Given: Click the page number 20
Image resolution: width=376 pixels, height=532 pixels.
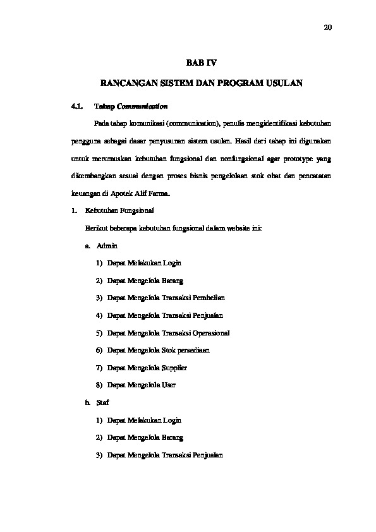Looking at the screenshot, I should click(327, 27).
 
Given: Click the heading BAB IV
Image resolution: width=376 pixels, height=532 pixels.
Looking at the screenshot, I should click(200, 63).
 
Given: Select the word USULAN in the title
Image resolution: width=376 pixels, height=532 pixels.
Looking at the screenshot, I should click(284, 83).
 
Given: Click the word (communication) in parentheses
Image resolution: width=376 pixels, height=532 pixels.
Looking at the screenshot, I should click(189, 122).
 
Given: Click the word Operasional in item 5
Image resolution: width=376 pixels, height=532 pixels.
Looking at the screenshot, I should click(208, 332).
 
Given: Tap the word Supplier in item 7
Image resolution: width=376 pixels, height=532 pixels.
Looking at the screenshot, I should click(173, 367).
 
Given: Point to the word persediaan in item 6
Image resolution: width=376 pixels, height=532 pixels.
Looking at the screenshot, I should click(193, 349).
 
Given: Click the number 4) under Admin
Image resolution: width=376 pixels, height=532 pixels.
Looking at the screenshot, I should click(100, 315).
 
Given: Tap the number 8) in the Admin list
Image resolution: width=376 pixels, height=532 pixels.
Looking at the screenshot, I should click(100, 385).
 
